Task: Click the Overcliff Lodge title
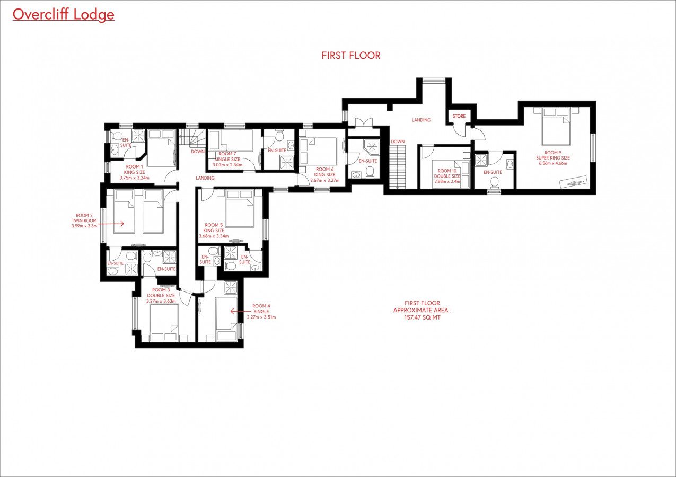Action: pyautogui.click(x=64, y=15)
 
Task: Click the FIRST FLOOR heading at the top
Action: pyautogui.click(x=351, y=56)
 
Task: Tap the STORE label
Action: pyautogui.click(x=459, y=116)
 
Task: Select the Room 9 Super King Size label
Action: pyautogui.click(x=553, y=155)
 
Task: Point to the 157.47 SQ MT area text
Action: pyautogui.click(x=422, y=317)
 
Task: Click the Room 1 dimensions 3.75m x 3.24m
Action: pyautogui.click(x=134, y=178)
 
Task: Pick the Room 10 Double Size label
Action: pyautogui.click(x=447, y=173)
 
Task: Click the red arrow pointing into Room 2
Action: pyautogui.click(x=111, y=224)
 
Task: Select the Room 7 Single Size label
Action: pyautogui.click(x=227, y=156)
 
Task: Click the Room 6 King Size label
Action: pyautogui.click(x=324, y=172)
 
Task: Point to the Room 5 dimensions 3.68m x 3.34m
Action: pyautogui.click(x=214, y=236)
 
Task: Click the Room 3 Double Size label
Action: pyautogui.click(x=161, y=293)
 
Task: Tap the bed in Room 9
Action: pyautogui.click(x=556, y=127)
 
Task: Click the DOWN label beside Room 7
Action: pyautogui.click(x=198, y=152)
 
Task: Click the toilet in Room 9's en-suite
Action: pyautogui.click(x=494, y=182)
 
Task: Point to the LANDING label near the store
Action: pyautogui.click(x=422, y=120)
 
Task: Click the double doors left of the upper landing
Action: pyautogui.click(x=364, y=123)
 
